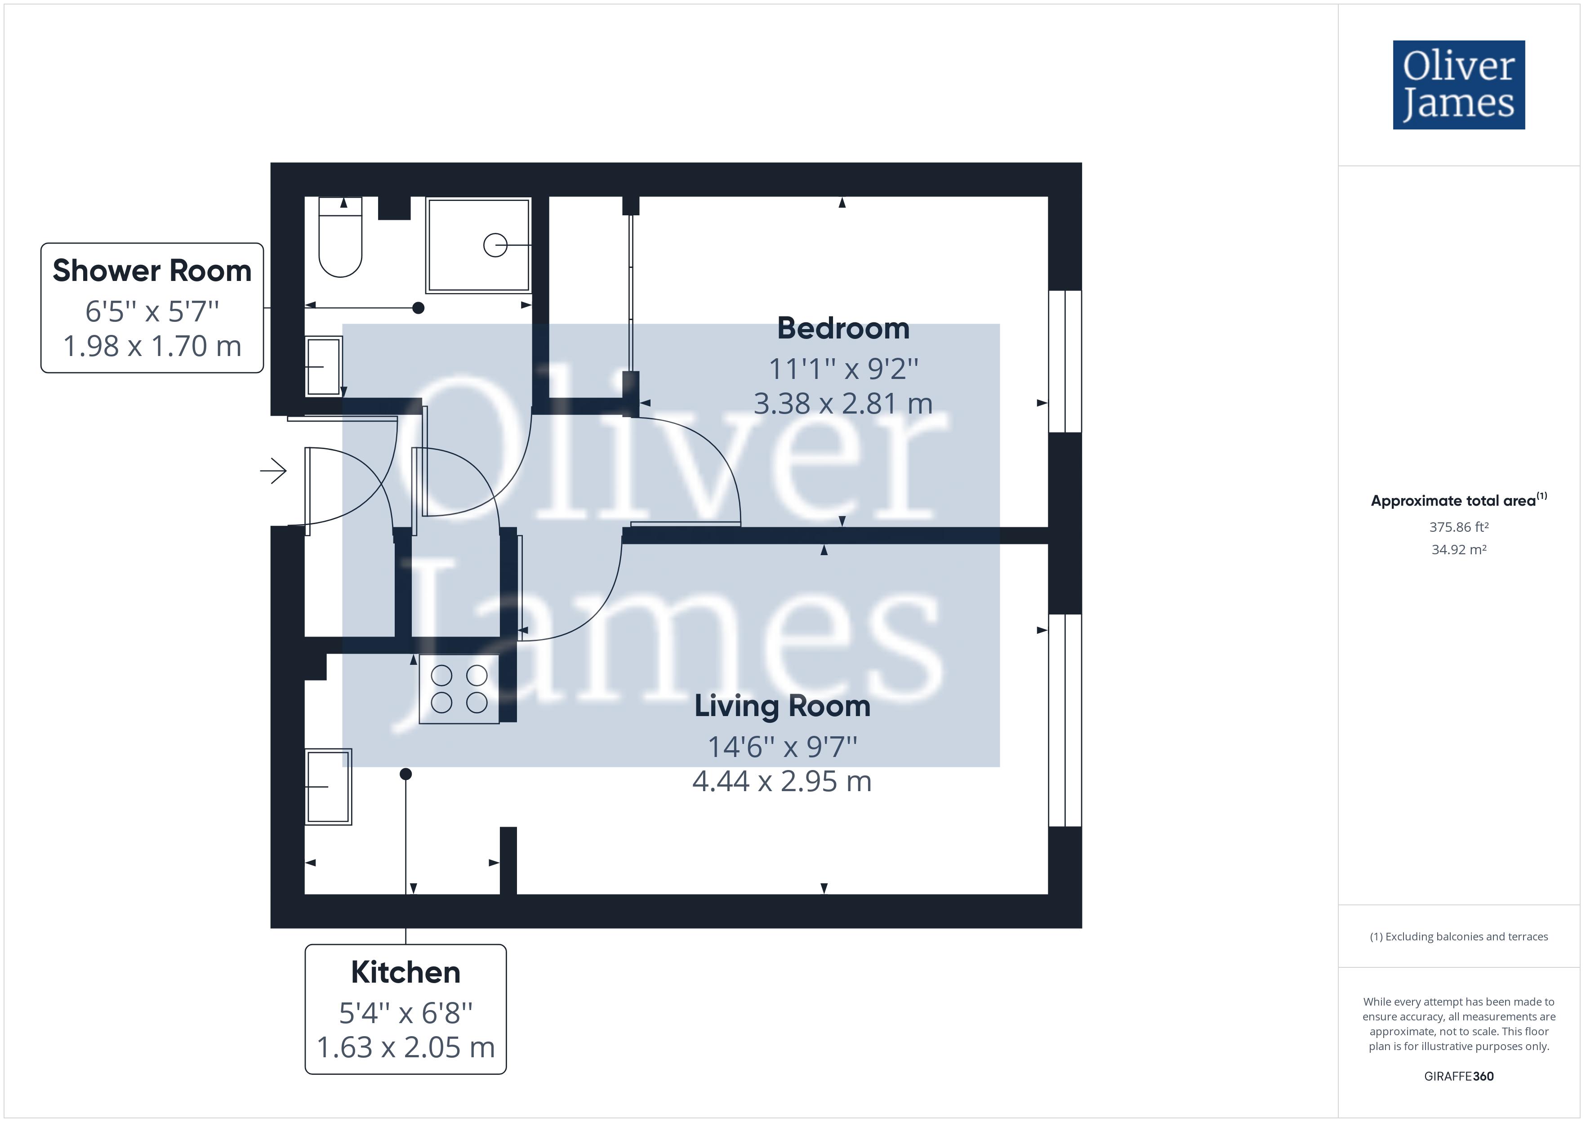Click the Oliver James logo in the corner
(1458, 85)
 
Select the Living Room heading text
(782, 706)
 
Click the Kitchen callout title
(405, 972)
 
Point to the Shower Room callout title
(152, 271)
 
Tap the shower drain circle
(495, 245)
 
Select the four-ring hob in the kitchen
(459, 689)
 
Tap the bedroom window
(1065, 361)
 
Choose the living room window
(1065, 720)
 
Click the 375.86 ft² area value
(1458, 527)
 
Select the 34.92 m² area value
(1458, 550)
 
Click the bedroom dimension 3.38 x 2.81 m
(843, 404)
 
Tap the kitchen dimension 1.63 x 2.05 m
(405, 1047)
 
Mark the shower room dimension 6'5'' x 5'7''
(152, 312)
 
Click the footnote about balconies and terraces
(1458, 937)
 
